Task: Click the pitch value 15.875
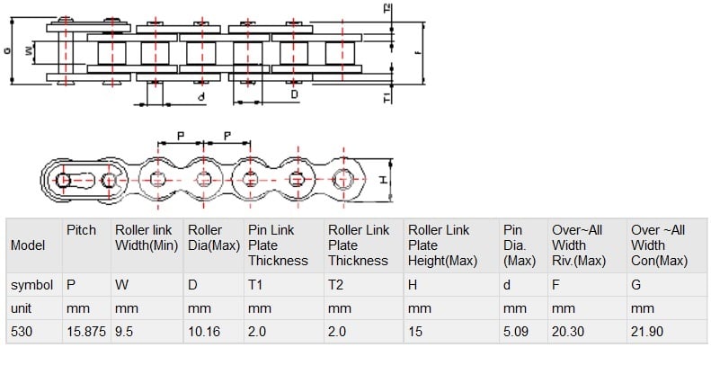point(86,332)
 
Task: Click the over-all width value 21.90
point(648,332)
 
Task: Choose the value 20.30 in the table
point(568,332)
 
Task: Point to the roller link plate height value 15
point(415,332)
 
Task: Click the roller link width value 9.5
point(125,332)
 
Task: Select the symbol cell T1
point(255,285)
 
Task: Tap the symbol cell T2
point(336,285)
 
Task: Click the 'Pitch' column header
point(81,231)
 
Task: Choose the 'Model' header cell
point(28,245)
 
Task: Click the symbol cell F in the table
point(556,285)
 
